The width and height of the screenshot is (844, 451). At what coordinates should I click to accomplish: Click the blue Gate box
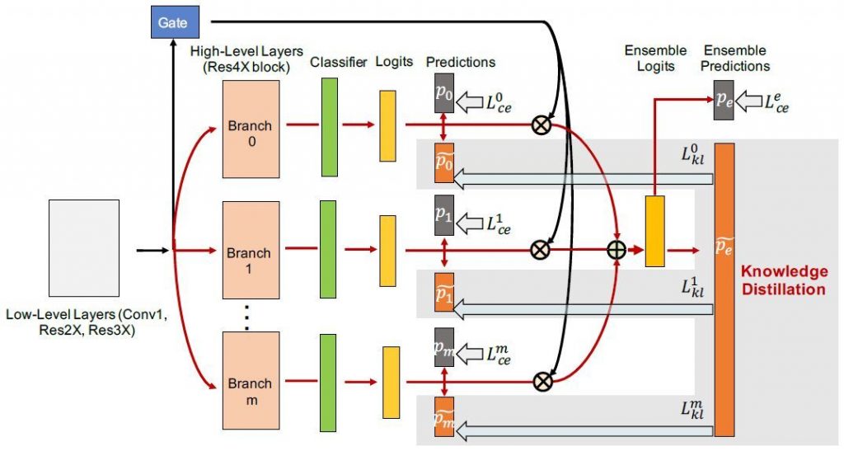click(x=173, y=22)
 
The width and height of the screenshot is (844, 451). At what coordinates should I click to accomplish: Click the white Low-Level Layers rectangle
click(x=84, y=248)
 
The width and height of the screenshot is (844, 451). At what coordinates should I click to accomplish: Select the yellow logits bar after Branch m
click(x=390, y=382)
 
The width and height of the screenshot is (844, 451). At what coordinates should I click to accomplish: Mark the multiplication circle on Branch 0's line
click(x=542, y=124)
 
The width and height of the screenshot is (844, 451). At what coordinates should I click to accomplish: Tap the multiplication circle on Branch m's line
click(x=542, y=380)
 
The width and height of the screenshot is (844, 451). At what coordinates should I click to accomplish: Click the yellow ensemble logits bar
click(x=654, y=231)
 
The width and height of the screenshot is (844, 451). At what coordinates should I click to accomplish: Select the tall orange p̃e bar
click(x=724, y=289)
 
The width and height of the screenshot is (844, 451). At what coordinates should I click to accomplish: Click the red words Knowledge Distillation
click(x=784, y=280)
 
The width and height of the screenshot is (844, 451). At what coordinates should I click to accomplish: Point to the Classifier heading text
click(x=339, y=63)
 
